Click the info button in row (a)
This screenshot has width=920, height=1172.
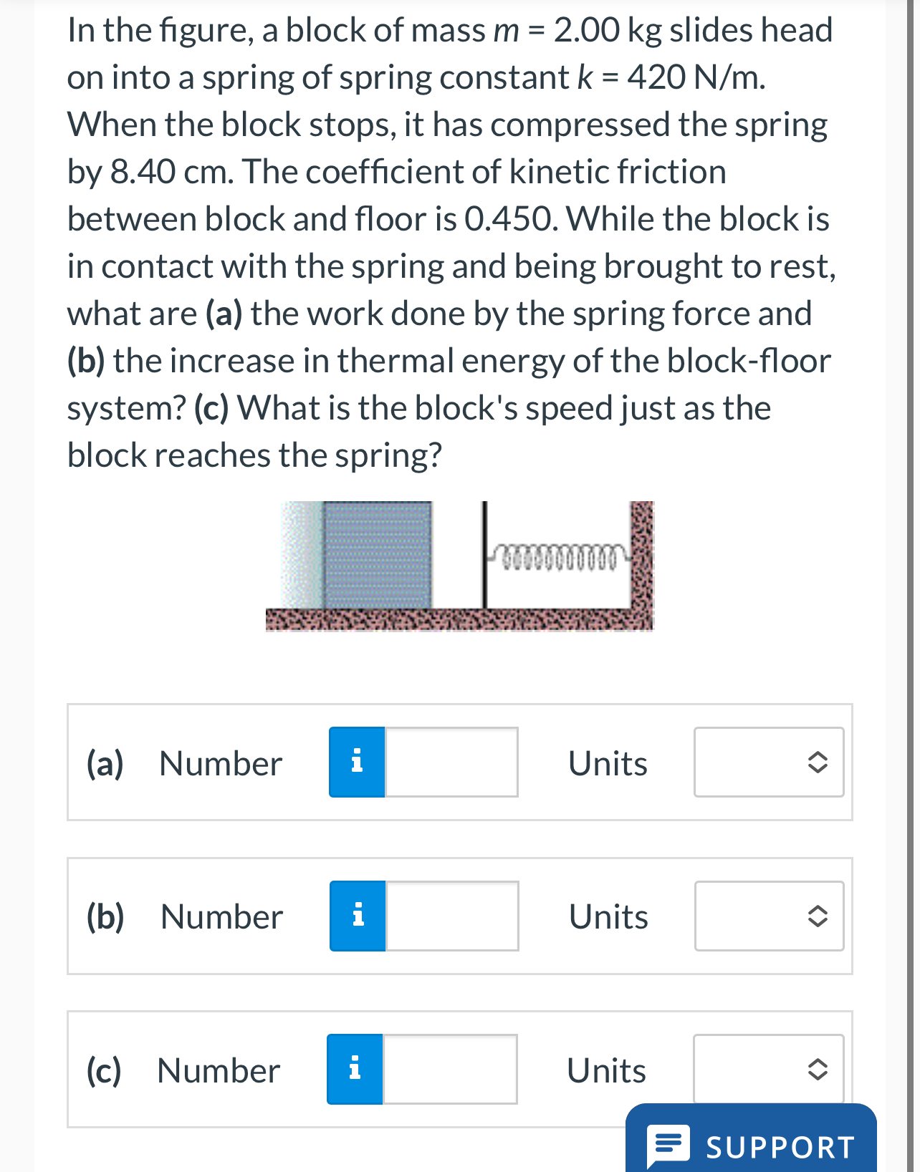point(357,762)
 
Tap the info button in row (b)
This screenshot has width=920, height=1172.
point(358,916)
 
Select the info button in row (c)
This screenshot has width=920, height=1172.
point(355,1069)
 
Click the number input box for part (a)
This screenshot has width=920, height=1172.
point(451,762)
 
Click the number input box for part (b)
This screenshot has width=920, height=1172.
point(452,916)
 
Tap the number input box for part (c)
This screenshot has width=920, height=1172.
point(450,1069)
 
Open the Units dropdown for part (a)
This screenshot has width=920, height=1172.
point(769,762)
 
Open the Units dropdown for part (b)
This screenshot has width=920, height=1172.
point(769,916)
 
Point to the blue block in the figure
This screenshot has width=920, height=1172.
point(378,555)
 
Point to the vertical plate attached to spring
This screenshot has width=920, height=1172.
point(485,555)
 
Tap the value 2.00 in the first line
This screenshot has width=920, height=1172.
point(586,30)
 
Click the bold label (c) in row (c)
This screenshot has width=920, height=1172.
point(104,1070)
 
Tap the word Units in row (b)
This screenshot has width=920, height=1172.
point(608,917)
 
